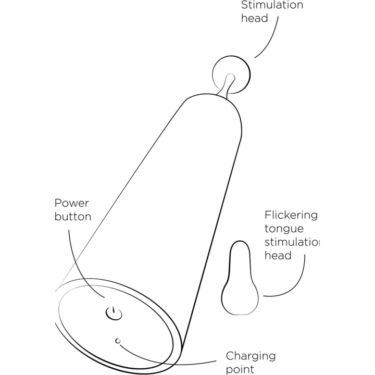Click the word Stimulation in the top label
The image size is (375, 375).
[272, 5]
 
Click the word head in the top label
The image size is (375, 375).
[254, 18]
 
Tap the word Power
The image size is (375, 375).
[71, 203]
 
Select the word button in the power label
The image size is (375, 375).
[73, 217]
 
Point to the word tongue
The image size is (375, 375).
[284, 229]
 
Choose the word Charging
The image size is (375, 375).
[251, 357]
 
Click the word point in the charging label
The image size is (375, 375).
[240, 370]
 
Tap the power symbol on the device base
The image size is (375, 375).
[114, 314]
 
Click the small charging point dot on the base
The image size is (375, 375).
[118, 341]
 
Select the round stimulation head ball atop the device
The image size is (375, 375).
[231, 75]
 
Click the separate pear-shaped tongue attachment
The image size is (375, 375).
[240, 278]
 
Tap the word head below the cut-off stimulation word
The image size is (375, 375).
[278, 255]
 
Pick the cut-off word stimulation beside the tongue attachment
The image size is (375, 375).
[292, 242]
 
